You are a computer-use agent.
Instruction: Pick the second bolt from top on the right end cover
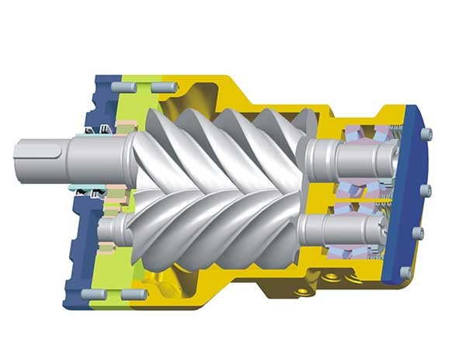click(x=426, y=189)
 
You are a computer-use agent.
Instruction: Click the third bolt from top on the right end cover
click(x=419, y=231)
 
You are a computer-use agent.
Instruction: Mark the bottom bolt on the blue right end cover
click(x=405, y=272)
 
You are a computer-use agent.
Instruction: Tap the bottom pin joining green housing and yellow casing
click(x=133, y=295)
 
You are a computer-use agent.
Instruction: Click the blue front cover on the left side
click(x=82, y=248)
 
